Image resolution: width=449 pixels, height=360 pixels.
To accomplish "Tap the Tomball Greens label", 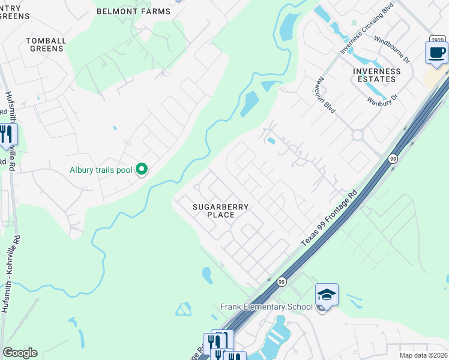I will tap(45, 44).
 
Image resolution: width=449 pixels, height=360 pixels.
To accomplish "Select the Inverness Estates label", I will tap(376, 75).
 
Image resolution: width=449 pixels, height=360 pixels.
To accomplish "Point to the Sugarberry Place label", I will tap(220, 211).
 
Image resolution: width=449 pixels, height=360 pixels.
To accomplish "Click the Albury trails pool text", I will tap(101, 170).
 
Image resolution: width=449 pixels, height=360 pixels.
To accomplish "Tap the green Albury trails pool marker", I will tap(142, 170).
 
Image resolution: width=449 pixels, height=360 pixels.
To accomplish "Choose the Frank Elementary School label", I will tap(267, 307).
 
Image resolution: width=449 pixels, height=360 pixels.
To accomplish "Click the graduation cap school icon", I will tap(327, 295).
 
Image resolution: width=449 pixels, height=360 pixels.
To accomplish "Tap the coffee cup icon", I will tap(436, 53).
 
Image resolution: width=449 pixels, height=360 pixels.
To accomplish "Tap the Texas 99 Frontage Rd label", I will tap(329, 218).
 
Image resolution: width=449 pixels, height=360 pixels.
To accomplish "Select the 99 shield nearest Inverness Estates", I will tap(393, 159).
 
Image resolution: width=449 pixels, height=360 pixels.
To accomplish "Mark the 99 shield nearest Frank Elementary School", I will tap(281, 281).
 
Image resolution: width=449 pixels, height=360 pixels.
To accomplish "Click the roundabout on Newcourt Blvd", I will tap(358, 135).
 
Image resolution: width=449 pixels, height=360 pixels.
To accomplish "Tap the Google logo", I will tap(20, 353).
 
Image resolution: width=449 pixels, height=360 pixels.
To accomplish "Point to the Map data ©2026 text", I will tap(423, 355).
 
